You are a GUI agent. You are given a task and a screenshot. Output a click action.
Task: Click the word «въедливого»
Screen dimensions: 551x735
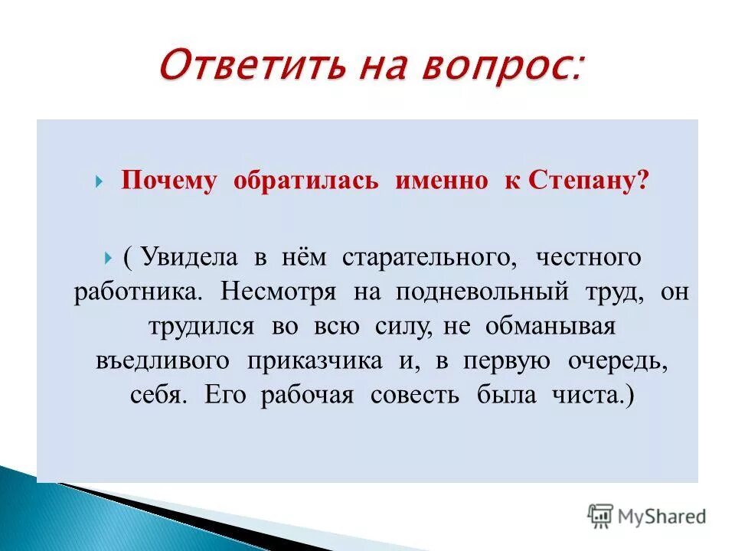(x=162, y=361)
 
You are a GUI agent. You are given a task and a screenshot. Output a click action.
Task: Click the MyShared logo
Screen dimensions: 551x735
(x=647, y=516)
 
